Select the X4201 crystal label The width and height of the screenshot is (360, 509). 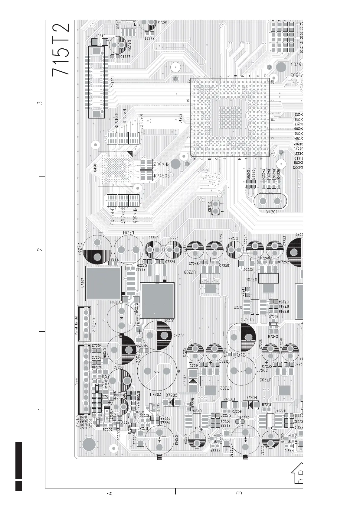[x=271, y=212]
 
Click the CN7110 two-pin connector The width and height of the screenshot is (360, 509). [x=215, y=207]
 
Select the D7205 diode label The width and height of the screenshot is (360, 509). [x=172, y=395]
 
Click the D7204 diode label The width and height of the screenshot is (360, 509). [x=251, y=398]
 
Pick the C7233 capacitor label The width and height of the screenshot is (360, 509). [x=247, y=319]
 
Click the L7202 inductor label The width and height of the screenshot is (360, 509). [x=262, y=370]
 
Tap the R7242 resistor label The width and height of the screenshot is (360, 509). [x=273, y=336]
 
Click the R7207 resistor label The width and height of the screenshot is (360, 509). [x=108, y=430]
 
